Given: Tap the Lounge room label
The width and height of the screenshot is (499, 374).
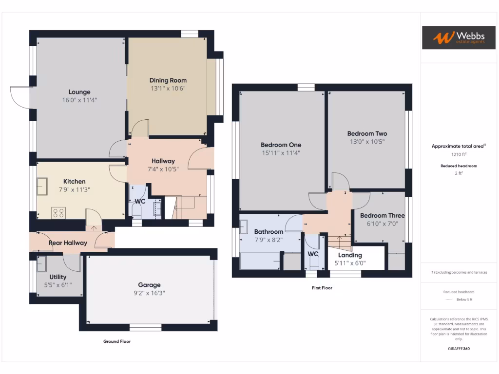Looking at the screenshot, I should (x=79, y=92).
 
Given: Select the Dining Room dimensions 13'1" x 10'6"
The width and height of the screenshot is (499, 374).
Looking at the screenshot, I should (x=168, y=89).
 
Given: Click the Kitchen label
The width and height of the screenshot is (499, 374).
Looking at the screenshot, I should (x=74, y=182).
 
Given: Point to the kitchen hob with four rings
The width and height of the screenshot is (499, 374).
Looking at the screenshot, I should (x=59, y=212).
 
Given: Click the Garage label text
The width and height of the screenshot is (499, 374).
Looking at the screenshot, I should (x=149, y=285).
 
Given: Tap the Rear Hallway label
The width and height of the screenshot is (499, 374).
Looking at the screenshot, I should (x=68, y=243).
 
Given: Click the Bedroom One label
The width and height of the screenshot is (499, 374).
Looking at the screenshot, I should (x=281, y=145).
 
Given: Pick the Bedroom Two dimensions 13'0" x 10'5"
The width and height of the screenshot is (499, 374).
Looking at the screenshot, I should (x=367, y=142).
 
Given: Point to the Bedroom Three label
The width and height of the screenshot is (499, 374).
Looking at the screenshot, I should (x=383, y=216).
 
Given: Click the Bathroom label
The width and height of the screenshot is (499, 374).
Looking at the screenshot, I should (x=269, y=232).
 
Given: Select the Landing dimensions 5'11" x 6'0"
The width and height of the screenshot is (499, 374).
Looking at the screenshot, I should (x=350, y=263).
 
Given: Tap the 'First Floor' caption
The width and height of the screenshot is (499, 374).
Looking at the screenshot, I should (x=322, y=288).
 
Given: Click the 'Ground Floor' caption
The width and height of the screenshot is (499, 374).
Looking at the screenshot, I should (x=117, y=341).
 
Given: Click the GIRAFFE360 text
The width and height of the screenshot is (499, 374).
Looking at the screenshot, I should (x=459, y=349).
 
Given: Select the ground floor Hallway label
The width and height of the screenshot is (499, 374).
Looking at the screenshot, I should (x=163, y=161).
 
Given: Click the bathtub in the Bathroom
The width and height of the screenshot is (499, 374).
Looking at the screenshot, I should (x=260, y=261).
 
